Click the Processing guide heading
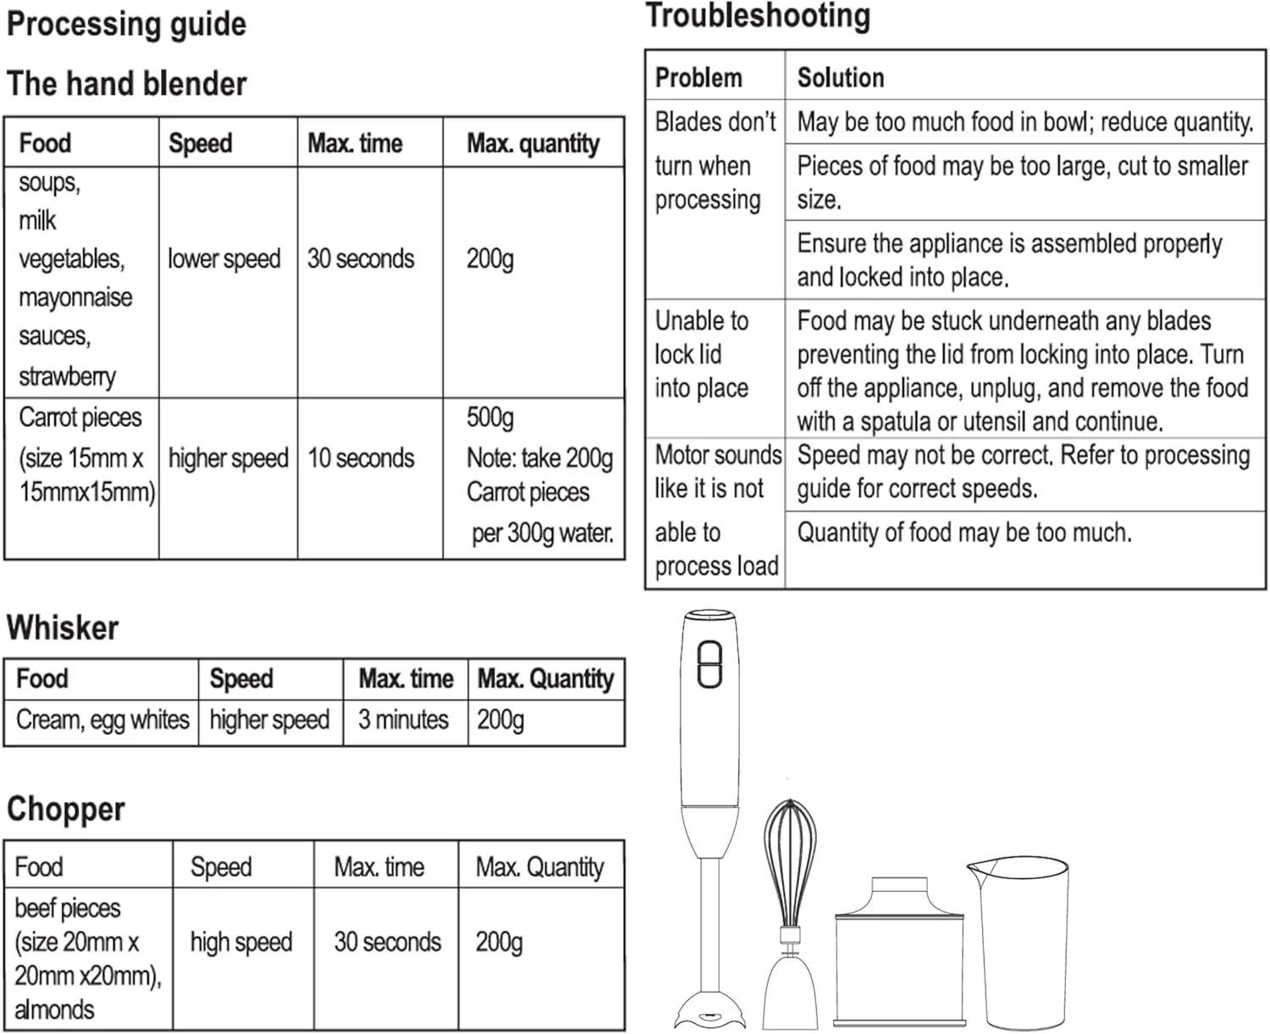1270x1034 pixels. coord(126,24)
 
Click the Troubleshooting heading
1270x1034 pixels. coord(758,16)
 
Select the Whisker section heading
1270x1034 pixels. coord(63,628)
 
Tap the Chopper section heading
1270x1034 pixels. coord(66,809)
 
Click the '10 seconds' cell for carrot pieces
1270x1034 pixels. coord(361,458)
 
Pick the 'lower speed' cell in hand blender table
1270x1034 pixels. coord(224,258)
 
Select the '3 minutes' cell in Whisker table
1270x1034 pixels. coord(403,720)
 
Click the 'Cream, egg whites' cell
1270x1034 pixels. coord(102,720)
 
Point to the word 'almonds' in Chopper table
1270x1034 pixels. coord(54,1009)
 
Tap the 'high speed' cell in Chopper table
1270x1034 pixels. coord(241,942)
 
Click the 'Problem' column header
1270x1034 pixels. coord(698,78)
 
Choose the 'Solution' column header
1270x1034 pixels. coord(841,78)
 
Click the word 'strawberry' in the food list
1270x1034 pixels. coord(67,376)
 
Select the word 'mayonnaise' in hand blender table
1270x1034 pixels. coord(75,297)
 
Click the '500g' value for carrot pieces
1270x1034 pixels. coord(490,417)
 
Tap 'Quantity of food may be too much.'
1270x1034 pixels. coord(964,533)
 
